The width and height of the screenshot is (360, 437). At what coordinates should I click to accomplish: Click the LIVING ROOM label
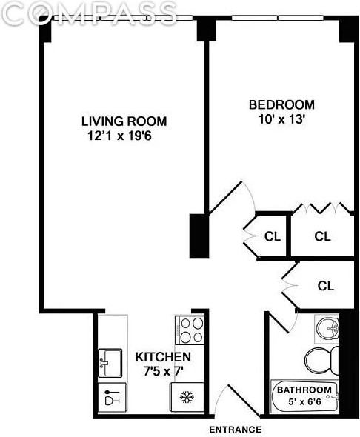124,121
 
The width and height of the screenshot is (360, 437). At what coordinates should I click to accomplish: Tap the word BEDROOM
281,104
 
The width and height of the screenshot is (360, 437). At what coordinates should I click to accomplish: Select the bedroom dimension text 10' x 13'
281,118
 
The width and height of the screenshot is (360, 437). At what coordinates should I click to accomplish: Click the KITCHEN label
158,356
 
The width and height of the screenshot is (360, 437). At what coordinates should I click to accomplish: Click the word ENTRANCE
235,430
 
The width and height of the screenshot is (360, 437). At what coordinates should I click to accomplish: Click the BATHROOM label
304,390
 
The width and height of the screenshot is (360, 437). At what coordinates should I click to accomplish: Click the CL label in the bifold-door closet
322,237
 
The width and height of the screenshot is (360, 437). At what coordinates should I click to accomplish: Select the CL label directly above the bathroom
326,285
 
